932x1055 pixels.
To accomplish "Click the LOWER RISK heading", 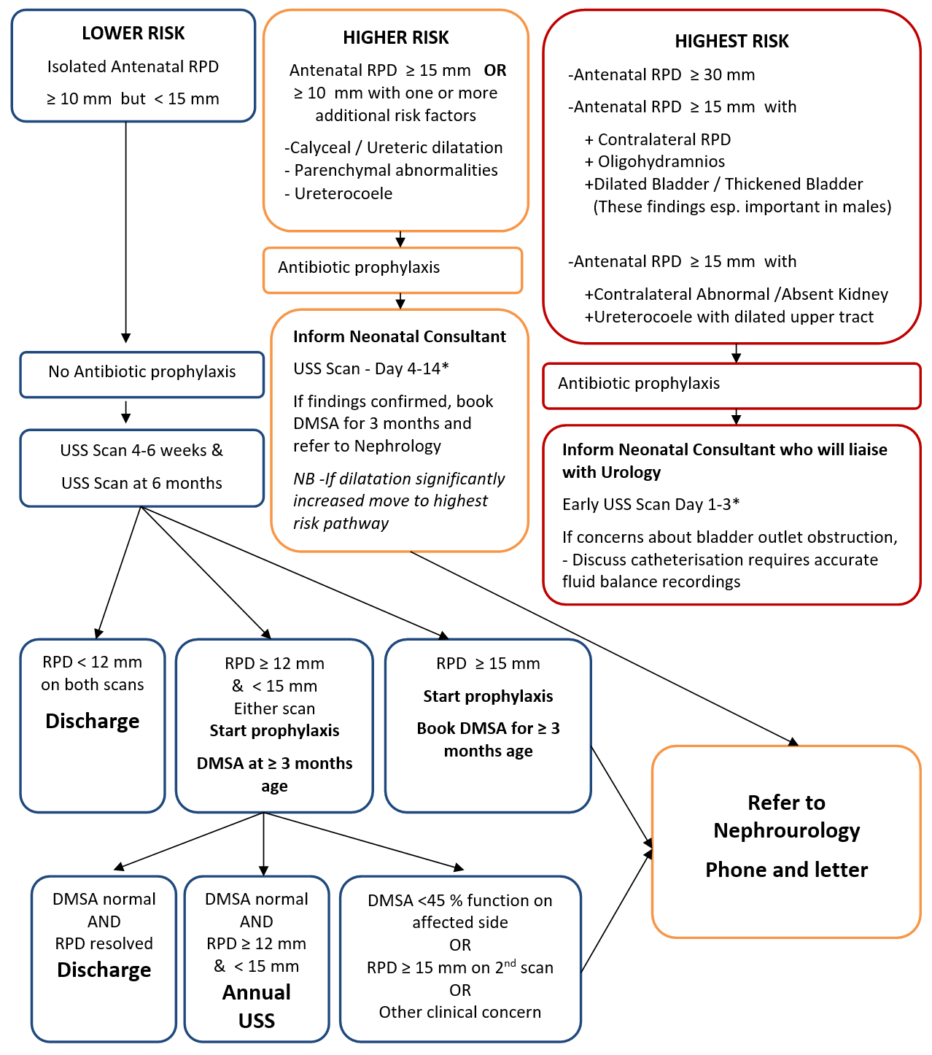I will [133, 34].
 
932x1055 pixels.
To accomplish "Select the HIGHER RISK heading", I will [395, 38].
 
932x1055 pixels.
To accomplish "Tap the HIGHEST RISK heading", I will [731, 42].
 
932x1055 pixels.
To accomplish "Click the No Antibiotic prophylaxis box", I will [141, 372].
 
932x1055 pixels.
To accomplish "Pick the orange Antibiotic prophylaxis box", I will [392, 268].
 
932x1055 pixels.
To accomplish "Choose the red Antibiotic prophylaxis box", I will [731, 384].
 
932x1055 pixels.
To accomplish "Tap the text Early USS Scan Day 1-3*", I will [651, 505].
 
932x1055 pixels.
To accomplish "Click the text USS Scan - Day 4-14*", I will [370, 369].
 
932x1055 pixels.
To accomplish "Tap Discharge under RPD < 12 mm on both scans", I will [93, 722].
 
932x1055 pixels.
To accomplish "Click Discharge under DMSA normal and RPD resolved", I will [104, 970].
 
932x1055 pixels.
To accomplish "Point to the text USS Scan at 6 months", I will [141, 484].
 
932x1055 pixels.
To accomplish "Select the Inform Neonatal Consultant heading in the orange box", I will [399, 337].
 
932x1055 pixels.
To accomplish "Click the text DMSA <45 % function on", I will [459, 901].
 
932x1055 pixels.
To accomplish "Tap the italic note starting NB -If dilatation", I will [398, 501].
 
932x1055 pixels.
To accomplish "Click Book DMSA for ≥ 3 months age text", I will [488, 739].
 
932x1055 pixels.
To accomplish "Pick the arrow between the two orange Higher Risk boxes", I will [400, 239].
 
